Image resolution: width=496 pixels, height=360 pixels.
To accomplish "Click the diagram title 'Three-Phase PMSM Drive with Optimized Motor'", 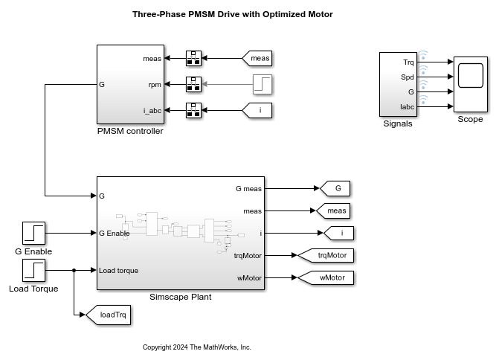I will pos(222,14).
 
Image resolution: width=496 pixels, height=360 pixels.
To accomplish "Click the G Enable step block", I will pos(33,234).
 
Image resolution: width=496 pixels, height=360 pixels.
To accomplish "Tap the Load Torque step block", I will pos(33,271).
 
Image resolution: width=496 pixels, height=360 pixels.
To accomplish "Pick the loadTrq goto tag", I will pos(109,315).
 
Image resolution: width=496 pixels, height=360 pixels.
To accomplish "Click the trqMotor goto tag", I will pos(326,255).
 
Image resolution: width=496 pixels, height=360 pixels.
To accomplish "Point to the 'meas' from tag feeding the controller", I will pos(257,57).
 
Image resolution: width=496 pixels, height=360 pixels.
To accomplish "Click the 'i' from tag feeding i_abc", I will pos(257,111).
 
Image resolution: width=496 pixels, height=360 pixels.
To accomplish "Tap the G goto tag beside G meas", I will pos(335,188).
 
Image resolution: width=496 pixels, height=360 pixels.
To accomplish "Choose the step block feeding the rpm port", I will pos(263,84).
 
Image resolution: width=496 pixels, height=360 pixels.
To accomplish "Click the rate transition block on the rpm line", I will pos(193,84).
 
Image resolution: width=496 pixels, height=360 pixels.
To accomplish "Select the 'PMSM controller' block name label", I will pos(130,132).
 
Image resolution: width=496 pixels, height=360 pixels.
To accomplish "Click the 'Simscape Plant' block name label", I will pos(181,297).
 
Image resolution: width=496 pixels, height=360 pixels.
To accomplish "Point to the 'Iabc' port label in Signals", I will pos(407,107).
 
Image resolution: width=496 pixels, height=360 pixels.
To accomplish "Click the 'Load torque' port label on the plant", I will pos(118,270).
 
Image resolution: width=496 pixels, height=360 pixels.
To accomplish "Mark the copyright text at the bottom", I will pos(197,347).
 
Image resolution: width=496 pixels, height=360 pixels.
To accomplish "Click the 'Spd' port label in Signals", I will pos(408,77).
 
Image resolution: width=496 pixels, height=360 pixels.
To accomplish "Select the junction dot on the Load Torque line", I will pos(74,271).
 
